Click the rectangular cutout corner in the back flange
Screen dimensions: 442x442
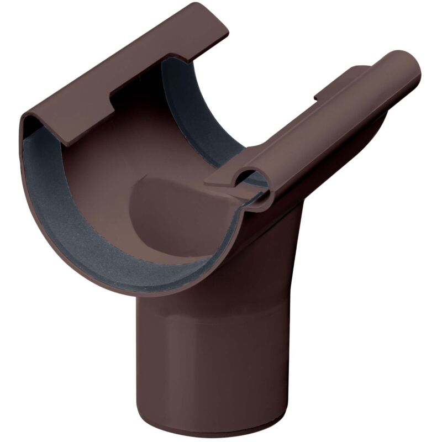pos(113,99)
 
